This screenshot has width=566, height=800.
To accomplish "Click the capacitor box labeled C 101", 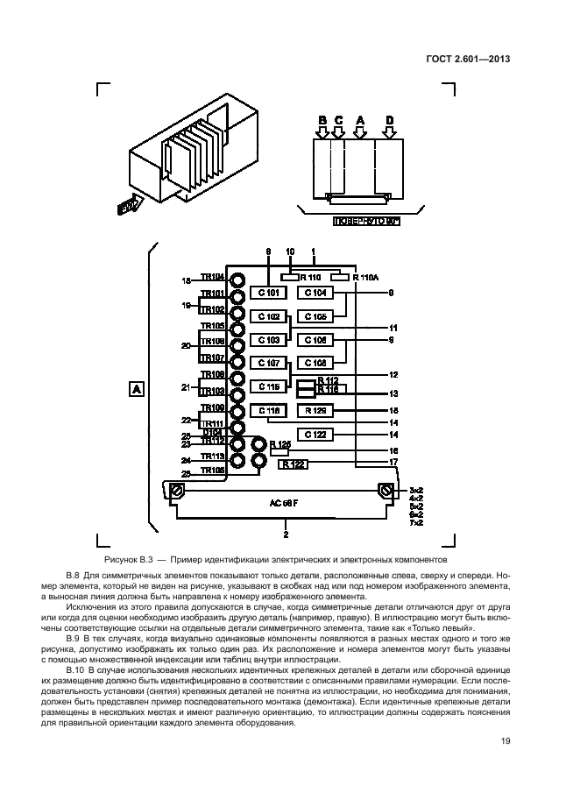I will (267, 293).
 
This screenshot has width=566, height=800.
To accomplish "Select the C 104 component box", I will (315, 293).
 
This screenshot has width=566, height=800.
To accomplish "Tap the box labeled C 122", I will (315, 434).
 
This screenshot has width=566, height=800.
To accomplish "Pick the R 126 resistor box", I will (315, 410).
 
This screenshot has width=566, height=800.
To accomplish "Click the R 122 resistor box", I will (294, 464).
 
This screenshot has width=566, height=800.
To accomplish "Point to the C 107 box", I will (267, 363).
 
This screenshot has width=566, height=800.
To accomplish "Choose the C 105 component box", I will (315, 316).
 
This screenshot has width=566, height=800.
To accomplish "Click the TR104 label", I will (212, 277).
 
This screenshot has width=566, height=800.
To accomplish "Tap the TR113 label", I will (212, 457).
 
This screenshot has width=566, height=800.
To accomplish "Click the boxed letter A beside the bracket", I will (136, 387).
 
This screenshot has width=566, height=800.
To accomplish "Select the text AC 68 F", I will (285, 506).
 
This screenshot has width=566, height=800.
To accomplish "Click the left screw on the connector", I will (176, 489).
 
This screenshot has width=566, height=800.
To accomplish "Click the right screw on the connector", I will (385, 489).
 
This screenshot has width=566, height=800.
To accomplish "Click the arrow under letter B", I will (322, 132).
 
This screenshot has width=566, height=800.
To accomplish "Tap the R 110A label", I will (367, 277).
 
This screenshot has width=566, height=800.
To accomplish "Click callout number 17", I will (394, 462).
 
